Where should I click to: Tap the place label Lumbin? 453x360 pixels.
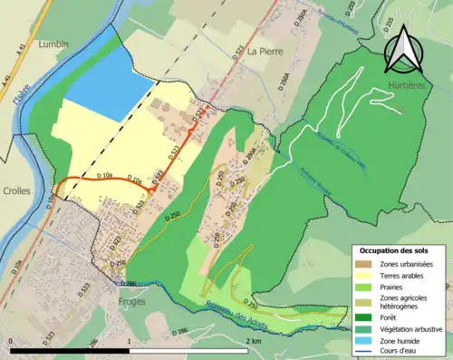pos(53,43)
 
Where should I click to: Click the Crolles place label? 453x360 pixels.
pos(17,191)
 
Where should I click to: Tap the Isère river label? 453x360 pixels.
pos(16,88)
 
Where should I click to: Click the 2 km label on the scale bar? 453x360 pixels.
pos(255,341)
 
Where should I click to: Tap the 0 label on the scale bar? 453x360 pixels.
pos(11,341)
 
